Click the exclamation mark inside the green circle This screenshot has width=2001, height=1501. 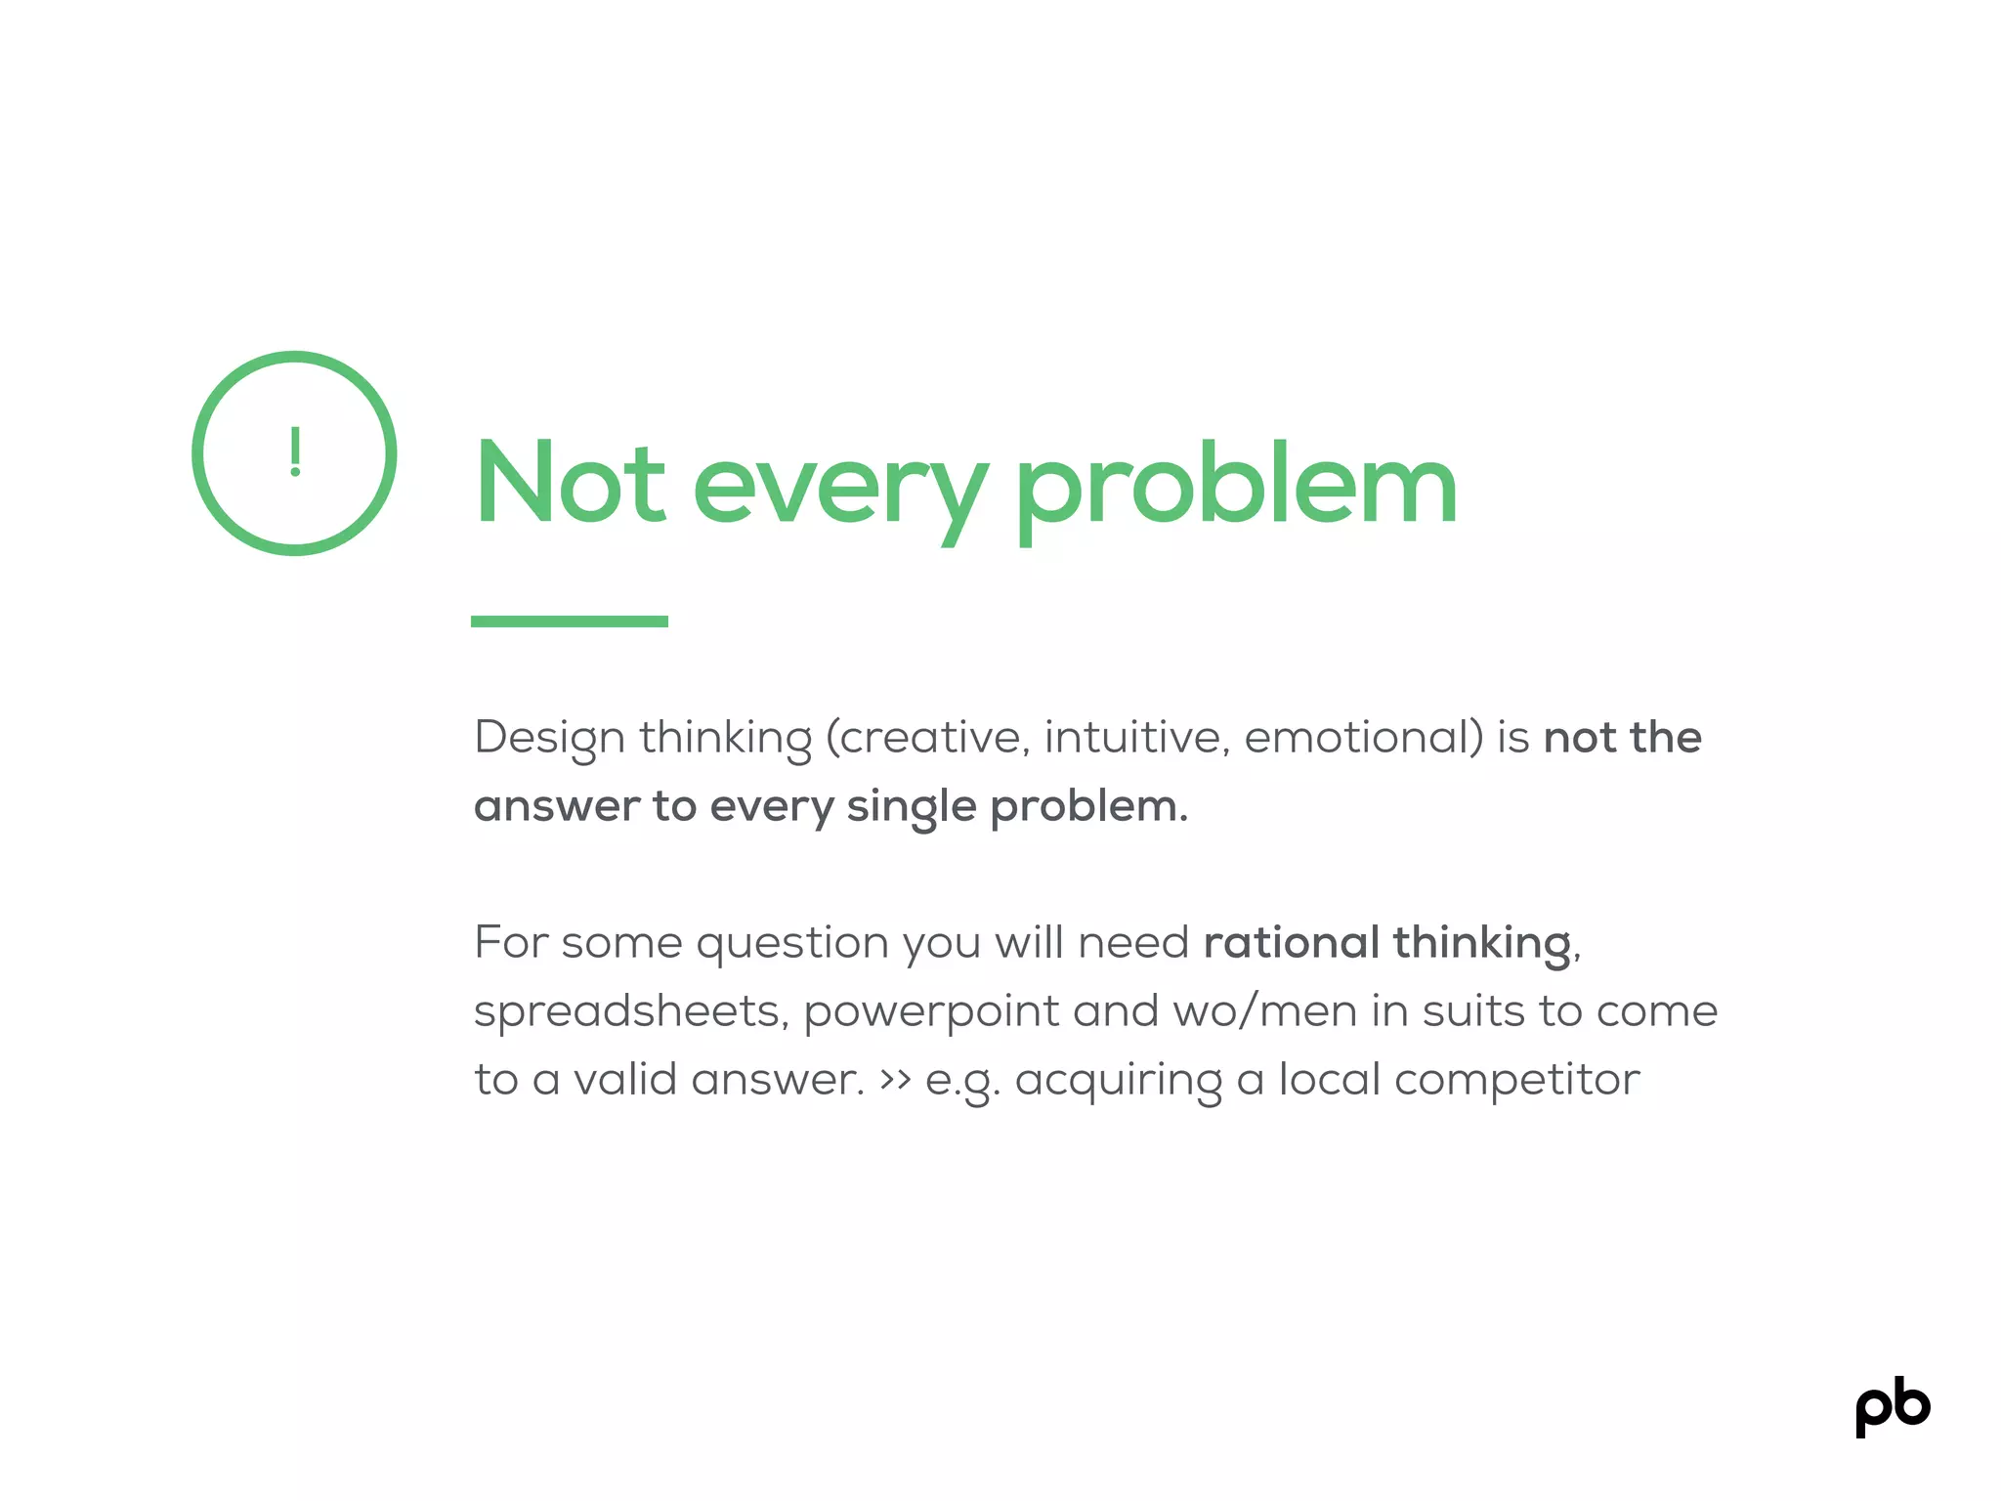coord(295,452)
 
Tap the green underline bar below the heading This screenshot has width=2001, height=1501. coord(570,622)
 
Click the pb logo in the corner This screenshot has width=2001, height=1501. coord(1893,1407)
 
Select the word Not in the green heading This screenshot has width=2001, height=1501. coord(570,483)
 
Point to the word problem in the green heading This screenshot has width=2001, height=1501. coord(1236,483)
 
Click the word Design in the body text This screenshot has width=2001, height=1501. coord(549,739)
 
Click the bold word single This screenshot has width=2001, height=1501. coord(911,807)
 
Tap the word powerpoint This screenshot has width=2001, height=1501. coord(931,1012)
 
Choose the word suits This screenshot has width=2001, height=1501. coord(1472,1011)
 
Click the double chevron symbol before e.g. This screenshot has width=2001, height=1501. coord(896,1080)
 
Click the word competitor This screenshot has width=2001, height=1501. coord(1516,1081)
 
